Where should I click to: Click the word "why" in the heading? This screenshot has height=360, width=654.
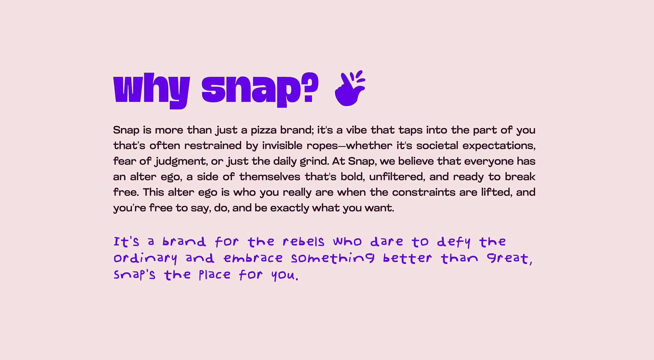click(151, 89)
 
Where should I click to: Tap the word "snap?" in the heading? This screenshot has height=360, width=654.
click(260, 89)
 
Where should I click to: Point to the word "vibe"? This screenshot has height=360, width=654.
click(357, 130)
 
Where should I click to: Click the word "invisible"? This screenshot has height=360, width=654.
click(282, 146)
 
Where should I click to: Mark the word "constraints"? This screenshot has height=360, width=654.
click(424, 192)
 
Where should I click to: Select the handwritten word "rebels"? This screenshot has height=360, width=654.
click(303, 242)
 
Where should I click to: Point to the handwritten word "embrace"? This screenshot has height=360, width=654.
click(253, 259)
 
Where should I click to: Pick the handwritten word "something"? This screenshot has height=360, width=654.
click(332, 259)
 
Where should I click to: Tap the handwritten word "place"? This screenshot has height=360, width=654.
click(215, 275)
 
